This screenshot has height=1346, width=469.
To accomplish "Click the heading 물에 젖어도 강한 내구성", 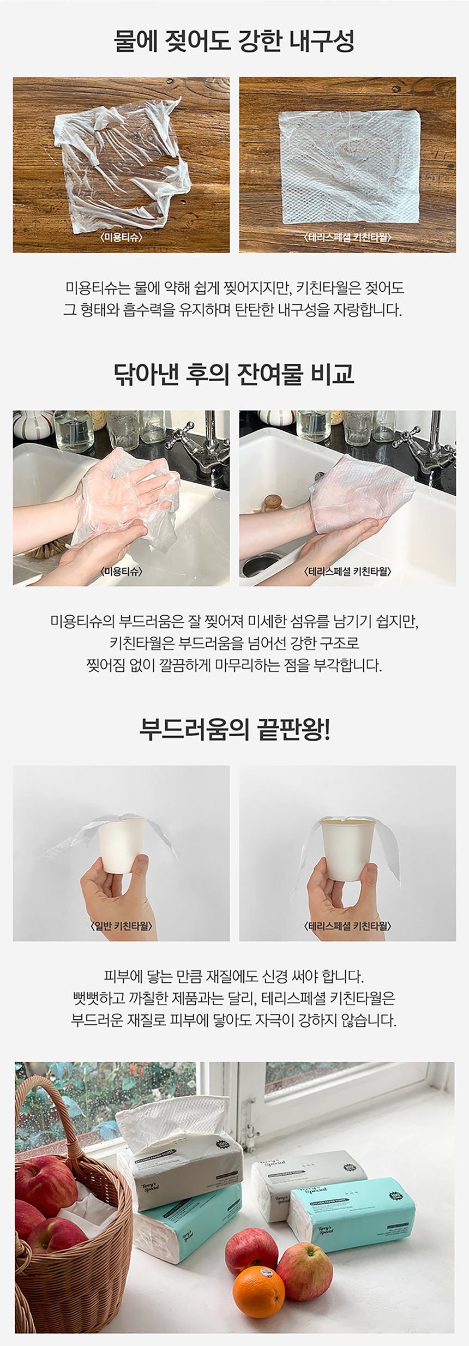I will tap(234, 41).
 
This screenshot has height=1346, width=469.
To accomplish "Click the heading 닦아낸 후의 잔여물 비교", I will tap(234, 374).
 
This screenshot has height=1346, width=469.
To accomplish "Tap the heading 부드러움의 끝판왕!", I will tap(234, 729).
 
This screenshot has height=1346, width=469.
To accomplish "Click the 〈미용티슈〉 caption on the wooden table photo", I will tap(121, 237).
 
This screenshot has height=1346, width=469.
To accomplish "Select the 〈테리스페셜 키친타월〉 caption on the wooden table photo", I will tap(347, 237).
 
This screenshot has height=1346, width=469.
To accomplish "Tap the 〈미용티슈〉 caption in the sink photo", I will tap(121, 571).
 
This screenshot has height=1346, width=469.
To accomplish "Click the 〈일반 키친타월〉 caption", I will tap(121, 926).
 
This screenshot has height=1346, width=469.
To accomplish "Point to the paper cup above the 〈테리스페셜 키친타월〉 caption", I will tap(347, 848).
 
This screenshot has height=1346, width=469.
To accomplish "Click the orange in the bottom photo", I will tap(258, 1293).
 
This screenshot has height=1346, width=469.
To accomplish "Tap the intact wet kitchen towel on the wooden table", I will tap(349, 166).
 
